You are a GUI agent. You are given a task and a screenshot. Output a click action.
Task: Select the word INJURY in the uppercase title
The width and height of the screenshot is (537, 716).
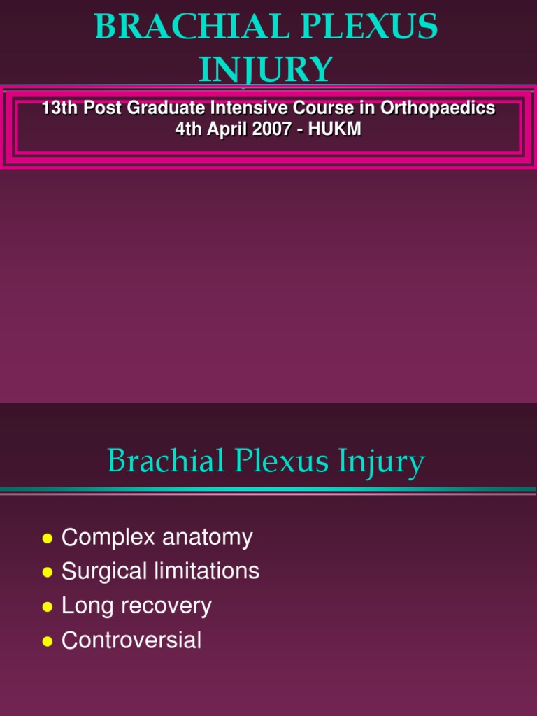[x=266, y=70]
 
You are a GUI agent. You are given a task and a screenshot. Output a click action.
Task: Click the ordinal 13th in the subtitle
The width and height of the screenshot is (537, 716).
[x=59, y=108]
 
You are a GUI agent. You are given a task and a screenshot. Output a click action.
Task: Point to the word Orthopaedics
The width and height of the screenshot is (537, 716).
[x=438, y=108]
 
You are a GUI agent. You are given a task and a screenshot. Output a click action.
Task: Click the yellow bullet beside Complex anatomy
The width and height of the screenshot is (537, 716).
[x=48, y=538]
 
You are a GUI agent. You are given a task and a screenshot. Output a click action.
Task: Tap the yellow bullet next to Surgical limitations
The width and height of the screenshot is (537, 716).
[x=48, y=573]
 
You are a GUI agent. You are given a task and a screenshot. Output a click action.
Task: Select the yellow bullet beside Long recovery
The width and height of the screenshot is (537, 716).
[x=48, y=607]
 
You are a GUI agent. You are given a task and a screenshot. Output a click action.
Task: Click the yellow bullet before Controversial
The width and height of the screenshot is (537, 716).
[x=48, y=641]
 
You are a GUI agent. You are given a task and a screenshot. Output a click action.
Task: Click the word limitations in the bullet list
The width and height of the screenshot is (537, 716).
[x=213, y=571]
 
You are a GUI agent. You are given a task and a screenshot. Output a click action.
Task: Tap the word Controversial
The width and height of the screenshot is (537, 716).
[x=131, y=640]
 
